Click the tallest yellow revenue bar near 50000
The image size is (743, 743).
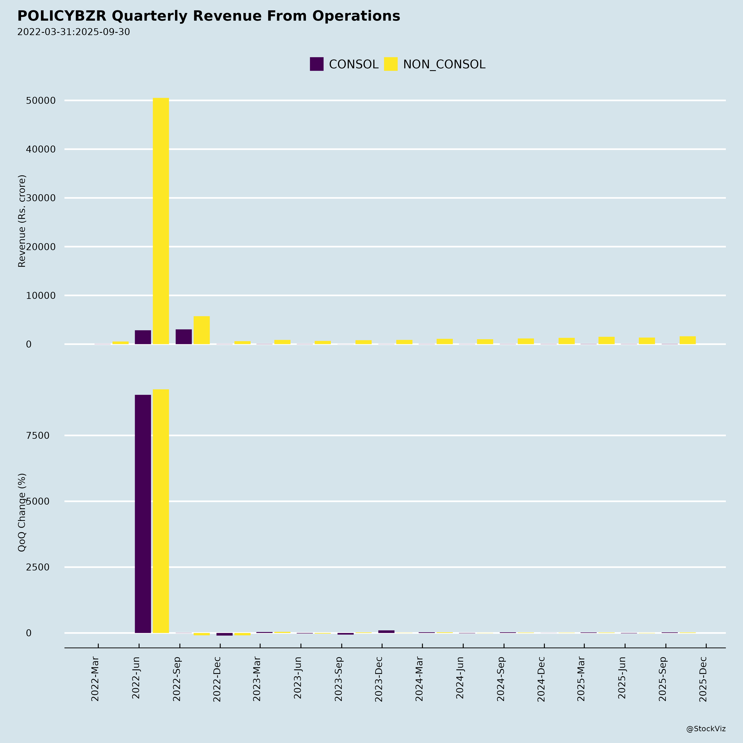pos(161,221)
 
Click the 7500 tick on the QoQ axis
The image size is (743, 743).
pos(38,436)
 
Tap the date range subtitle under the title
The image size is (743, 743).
pos(73,32)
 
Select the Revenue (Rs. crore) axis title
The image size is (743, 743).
pos(22,221)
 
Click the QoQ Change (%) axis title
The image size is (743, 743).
pos(22,512)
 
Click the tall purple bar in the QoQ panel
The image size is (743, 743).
pos(143,514)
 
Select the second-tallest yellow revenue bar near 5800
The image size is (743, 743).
pos(201,330)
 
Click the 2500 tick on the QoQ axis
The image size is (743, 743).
pos(38,567)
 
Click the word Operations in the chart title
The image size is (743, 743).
pos(356,16)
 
